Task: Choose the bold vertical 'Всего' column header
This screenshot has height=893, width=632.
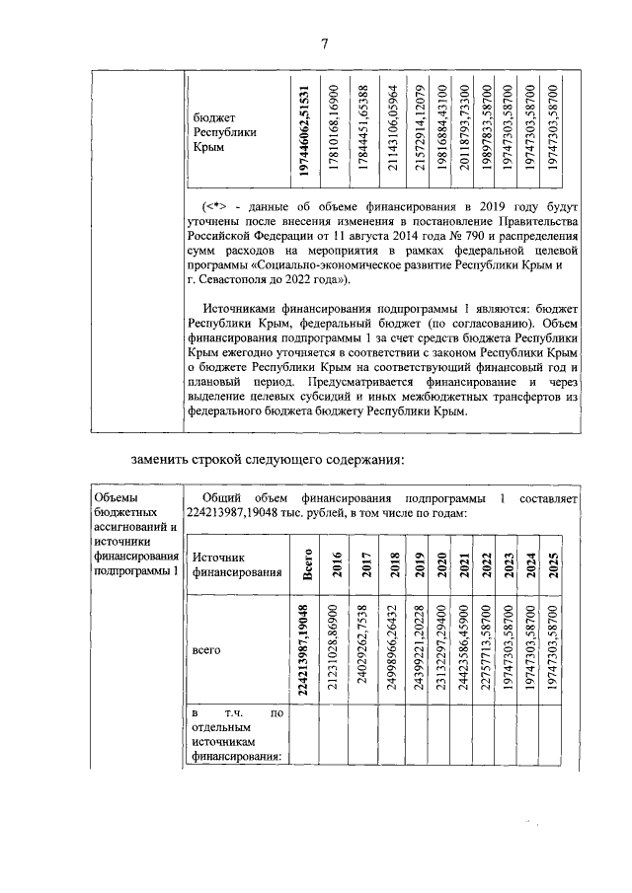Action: [307, 563]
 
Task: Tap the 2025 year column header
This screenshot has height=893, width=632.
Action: [554, 563]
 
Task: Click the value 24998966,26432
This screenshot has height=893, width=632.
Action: [393, 649]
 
